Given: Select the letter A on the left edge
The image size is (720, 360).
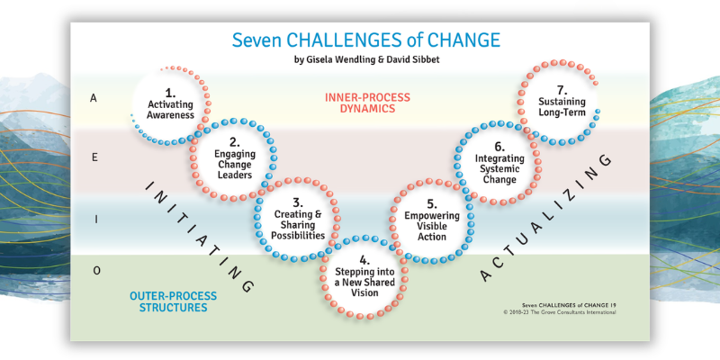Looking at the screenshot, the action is [94, 99].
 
